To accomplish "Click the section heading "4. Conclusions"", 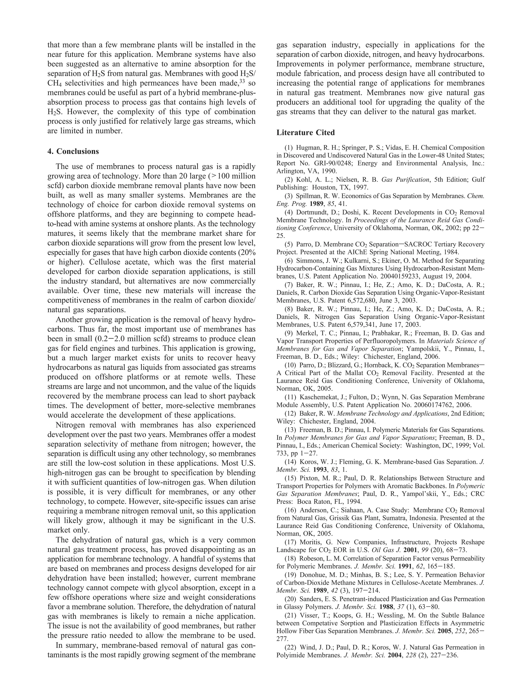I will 73,151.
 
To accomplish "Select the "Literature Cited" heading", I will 305,133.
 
